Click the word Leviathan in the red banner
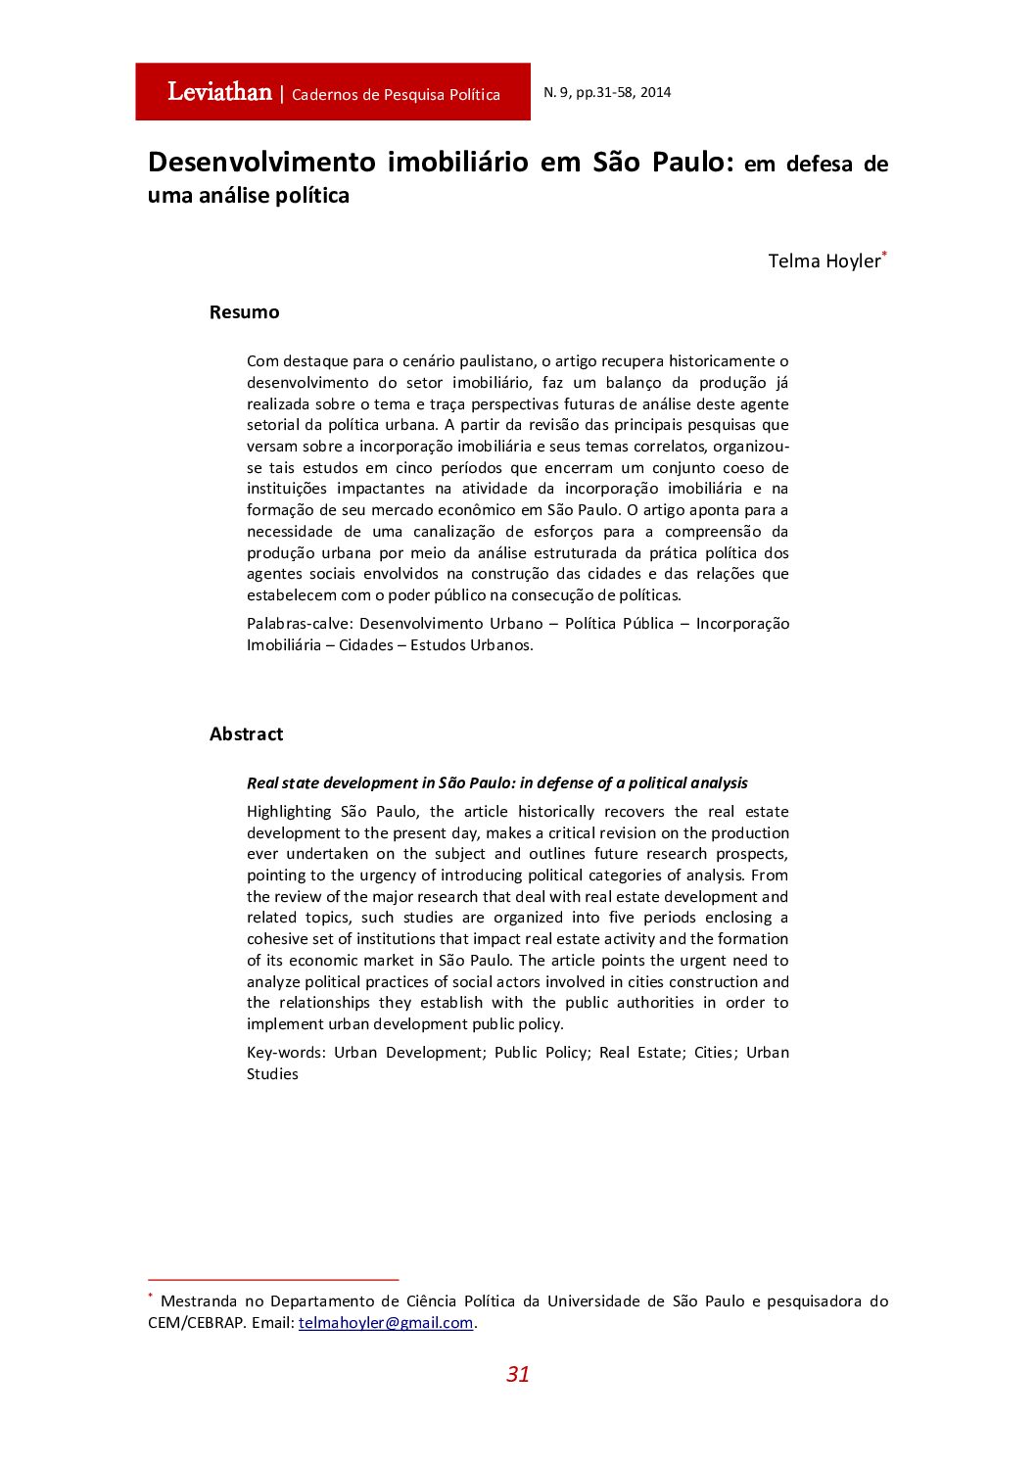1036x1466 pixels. (219, 92)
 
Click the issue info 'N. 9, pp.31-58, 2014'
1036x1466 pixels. (607, 92)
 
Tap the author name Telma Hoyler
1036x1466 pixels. (824, 260)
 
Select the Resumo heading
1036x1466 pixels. (244, 312)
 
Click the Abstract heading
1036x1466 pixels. (246, 733)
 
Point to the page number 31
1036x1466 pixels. (517, 1374)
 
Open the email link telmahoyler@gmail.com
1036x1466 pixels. (386, 1322)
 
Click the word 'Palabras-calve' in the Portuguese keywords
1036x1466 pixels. (301, 624)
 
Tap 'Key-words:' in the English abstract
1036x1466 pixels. (286, 1053)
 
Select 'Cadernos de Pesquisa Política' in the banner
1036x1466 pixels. (396, 95)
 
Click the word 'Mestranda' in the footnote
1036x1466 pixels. (199, 1301)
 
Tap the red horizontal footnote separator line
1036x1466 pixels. (273, 1279)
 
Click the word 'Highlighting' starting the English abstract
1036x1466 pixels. (289, 812)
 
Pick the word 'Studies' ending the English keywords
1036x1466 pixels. (272, 1074)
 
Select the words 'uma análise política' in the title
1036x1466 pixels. (248, 196)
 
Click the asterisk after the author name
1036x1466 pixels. (884, 255)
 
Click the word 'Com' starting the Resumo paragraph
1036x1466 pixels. (261, 361)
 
